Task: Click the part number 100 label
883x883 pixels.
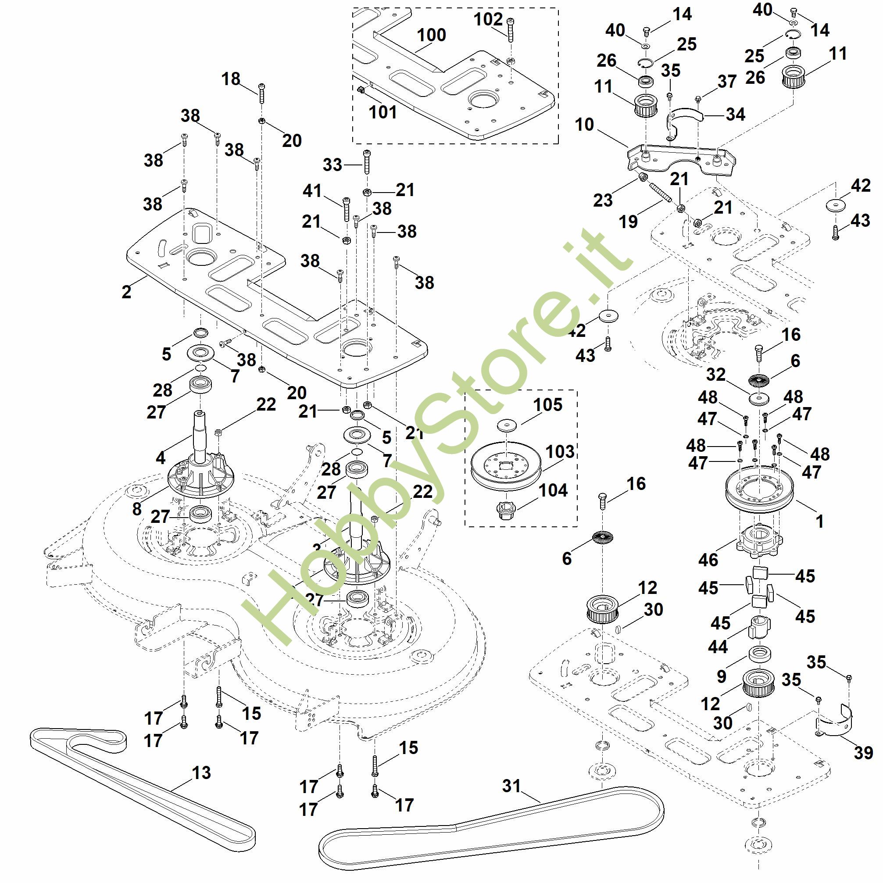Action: [432, 35]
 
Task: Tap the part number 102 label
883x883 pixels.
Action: [488, 20]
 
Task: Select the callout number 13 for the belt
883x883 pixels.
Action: [201, 773]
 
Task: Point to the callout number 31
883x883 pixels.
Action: [511, 786]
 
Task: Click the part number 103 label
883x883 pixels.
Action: [560, 451]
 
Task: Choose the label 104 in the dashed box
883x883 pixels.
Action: [553, 490]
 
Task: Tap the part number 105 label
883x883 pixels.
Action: [547, 404]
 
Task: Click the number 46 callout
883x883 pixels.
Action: [708, 559]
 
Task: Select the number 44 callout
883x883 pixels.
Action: [718, 647]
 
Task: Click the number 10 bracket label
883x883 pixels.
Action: [584, 124]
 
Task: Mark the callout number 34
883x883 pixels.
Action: [735, 114]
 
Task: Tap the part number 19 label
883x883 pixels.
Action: [628, 222]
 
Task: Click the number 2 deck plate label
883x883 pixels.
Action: [127, 291]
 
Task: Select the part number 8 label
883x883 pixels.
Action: [137, 509]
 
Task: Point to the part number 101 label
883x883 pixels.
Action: [383, 112]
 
